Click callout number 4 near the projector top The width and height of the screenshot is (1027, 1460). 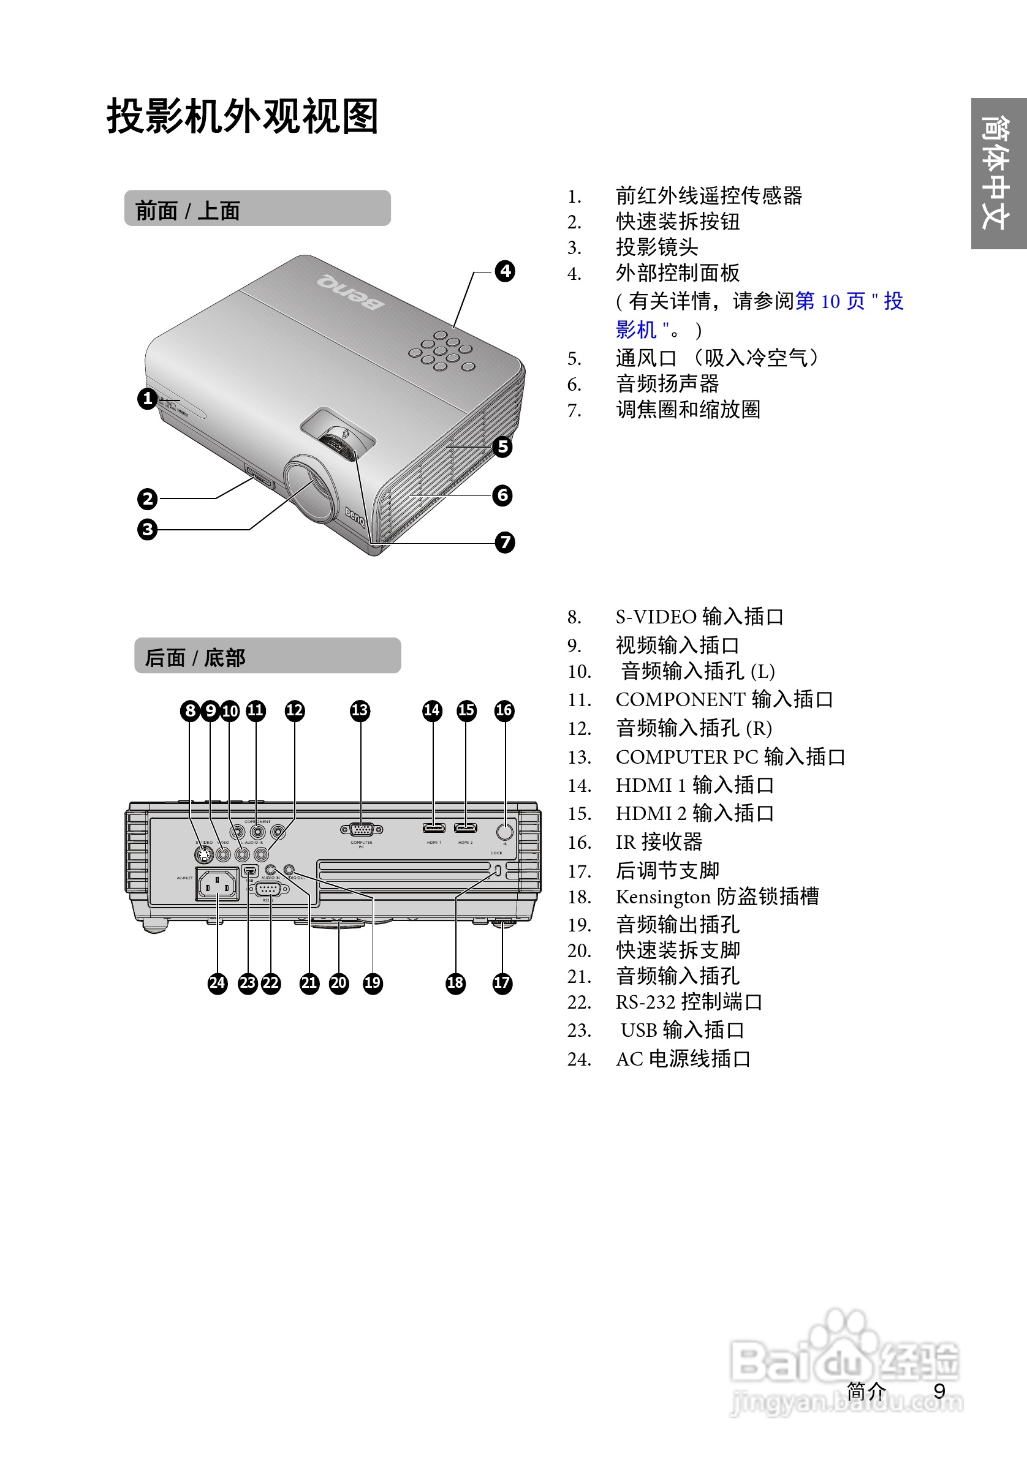point(504,271)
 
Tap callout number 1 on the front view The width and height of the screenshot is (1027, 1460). point(147,399)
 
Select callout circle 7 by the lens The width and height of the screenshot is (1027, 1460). point(504,543)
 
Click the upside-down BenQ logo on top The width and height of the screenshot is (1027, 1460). point(351,292)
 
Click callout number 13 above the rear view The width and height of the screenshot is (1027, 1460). point(360,710)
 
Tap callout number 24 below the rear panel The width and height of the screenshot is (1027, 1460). point(217,983)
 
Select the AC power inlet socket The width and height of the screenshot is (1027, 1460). point(217,884)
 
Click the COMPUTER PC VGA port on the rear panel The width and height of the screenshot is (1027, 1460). point(362,829)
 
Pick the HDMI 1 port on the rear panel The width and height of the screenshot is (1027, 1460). point(434,828)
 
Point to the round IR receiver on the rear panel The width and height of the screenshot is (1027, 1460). point(504,831)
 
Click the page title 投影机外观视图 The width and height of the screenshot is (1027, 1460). point(243,116)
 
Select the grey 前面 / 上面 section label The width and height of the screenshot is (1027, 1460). point(257,209)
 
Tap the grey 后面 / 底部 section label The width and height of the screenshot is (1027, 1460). point(267,656)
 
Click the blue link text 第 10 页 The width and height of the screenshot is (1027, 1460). point(830,301)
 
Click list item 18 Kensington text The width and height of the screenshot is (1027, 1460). point(716,897)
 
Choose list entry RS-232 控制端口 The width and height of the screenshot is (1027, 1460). point(689,1002)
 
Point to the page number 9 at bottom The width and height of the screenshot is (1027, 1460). point(939,1391)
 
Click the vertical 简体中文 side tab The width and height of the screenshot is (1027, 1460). point(998,173)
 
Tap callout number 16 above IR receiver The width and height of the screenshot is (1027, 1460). point(503,710)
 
